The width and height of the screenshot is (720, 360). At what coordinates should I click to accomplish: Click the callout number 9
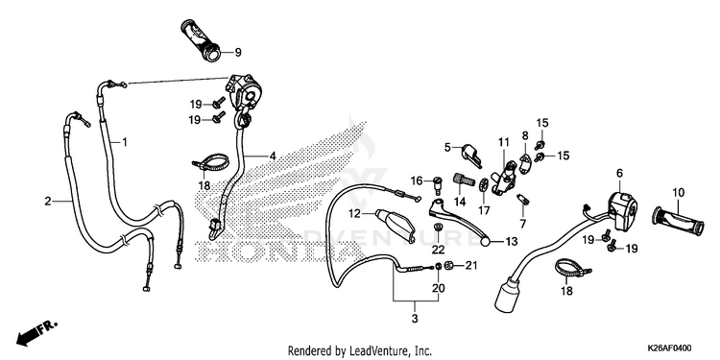coord(237,53)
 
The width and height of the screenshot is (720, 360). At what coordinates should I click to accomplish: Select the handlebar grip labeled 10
coord(678,222)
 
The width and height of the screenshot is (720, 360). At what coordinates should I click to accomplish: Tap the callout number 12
coord(354,213)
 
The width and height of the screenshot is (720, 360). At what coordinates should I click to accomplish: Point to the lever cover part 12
coord(394,225)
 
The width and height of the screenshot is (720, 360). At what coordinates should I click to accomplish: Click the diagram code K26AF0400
coord(669,348)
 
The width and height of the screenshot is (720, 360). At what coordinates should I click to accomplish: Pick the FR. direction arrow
coord(36,332)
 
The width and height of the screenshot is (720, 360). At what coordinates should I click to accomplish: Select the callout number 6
coord(619,173)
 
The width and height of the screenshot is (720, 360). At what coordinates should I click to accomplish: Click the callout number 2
coord(48,202)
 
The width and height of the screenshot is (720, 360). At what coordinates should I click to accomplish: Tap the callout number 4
coord(273,156)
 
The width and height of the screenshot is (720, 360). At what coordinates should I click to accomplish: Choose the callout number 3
coord(415,318)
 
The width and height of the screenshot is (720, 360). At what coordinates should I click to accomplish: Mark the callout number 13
coord(512,242)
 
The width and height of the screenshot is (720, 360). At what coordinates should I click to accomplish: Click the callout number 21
coord(472,265)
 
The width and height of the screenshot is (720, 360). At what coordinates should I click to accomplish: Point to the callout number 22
coord(439,250)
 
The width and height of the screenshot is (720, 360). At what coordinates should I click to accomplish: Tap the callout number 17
coord(484,211)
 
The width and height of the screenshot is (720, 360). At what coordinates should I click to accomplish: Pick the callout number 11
coord(504,142)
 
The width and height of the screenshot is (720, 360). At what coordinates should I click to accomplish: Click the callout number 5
coord(447,147)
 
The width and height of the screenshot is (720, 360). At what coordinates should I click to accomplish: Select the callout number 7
coord(522,223)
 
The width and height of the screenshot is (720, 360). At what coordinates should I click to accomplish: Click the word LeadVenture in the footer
coord(374,351)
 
